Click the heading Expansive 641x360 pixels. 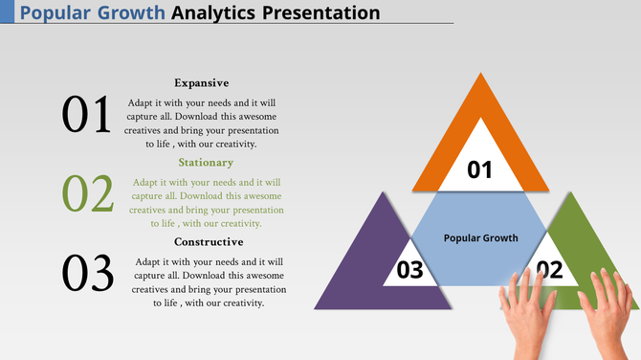pos(201,83)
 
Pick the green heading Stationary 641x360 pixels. pos(206,163)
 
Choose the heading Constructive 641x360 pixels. pos(209,242)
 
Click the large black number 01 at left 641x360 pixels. pos(87,115)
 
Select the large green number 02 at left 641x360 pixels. pos(88,193)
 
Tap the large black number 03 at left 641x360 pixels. pos(88,273)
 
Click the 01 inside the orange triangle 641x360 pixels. pos(479,170)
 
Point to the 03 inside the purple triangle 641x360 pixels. pos(409,270)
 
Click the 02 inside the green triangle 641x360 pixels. pos(550,270)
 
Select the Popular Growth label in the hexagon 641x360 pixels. pos(480,237)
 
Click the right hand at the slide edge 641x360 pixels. pos(612,311)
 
